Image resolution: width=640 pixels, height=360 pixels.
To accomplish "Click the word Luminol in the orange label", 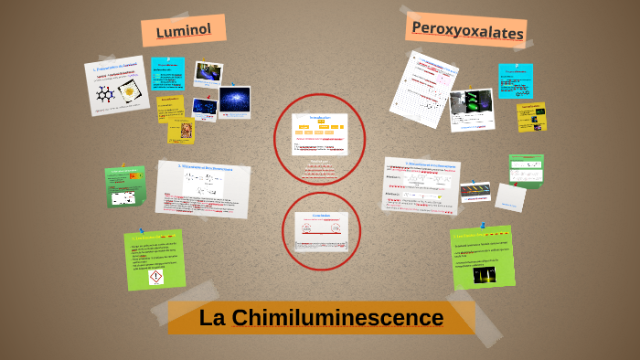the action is coord(183,30).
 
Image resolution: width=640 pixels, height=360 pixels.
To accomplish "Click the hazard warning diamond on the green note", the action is coord(155,275).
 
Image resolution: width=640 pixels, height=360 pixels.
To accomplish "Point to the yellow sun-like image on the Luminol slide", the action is coord(129,91).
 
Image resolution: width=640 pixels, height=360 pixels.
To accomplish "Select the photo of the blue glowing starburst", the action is coord(234,99).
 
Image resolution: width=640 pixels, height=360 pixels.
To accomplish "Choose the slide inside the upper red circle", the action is coord(320,134).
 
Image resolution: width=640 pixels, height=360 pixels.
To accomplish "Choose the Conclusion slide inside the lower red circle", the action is coord(321,229).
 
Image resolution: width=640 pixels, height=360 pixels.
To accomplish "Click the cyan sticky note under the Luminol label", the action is coord(167,74).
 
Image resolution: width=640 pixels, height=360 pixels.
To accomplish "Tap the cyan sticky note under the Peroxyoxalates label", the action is coord(516,80).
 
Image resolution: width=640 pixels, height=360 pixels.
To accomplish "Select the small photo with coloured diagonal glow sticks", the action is coord(475,190).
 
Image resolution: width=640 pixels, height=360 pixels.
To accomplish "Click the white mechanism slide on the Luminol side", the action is coord(203,189).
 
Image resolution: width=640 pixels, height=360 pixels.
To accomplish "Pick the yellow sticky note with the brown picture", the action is coord(181,129).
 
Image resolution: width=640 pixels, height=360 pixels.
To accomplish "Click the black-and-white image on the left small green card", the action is coord(123,197).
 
